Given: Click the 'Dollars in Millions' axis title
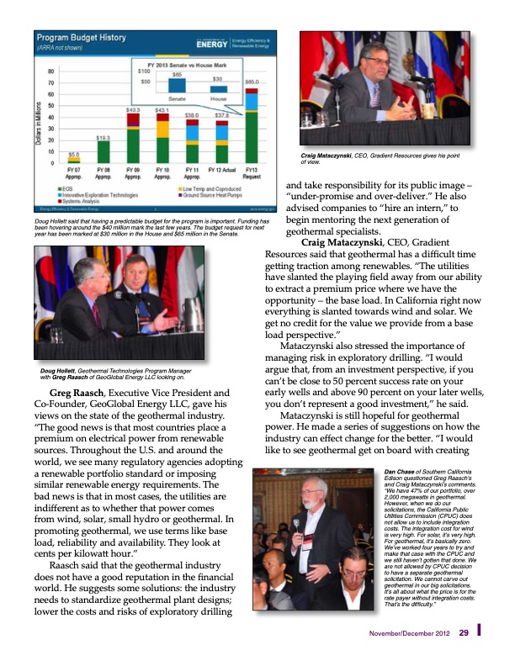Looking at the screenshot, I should click(40, 118).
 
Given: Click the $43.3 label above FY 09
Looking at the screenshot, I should click(133, 110).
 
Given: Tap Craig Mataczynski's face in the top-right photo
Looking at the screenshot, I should click(374, 57).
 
